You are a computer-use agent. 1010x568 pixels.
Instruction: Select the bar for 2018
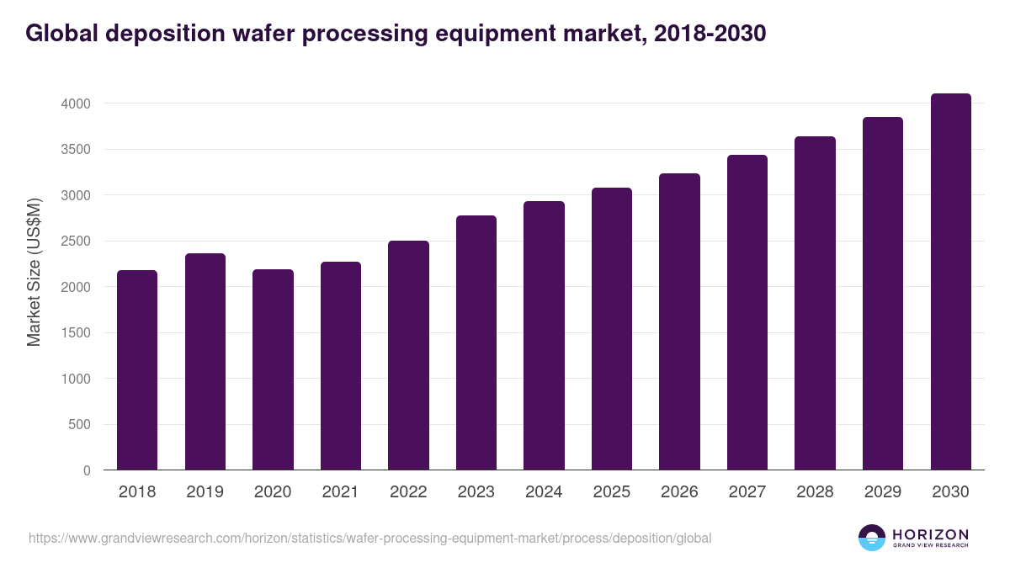point(137,370)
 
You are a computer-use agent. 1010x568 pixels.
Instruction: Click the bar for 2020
point(273,370)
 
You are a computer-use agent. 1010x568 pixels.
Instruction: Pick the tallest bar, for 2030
point(950,282)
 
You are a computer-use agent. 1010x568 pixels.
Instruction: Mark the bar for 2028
point(815,303)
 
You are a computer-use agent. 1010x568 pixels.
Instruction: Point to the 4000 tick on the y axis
point(75,104)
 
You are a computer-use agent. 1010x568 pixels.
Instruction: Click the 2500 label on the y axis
point(75,242)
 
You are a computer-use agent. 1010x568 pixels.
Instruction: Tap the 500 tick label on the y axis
point(79,425)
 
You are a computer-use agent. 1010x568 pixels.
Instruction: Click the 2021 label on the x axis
point(340,492)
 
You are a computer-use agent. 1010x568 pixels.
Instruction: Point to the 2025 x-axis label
point(611,492)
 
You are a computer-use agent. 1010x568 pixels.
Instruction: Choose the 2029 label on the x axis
point(882,492)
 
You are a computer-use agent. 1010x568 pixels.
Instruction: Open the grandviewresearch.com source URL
point(369,538)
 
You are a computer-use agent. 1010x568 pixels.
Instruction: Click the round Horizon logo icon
point(872,538)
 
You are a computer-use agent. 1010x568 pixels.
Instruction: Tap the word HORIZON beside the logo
point(930,533)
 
